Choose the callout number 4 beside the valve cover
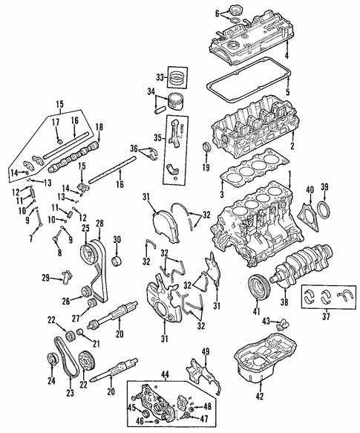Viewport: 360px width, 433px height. [x=286, y=56]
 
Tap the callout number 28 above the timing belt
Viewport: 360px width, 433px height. [x=99, y=224]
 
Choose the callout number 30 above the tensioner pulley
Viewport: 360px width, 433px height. [x=116, y=238]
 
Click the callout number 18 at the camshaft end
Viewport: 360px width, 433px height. [x=98, y=127]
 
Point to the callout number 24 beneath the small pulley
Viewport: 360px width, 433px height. [x=51, y=383]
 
